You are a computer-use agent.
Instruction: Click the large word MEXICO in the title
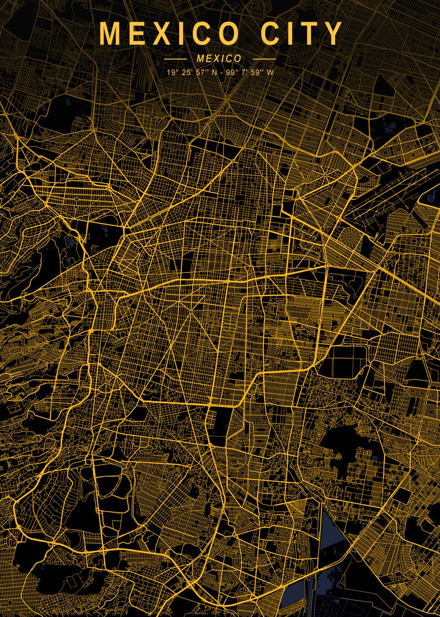[169, 34]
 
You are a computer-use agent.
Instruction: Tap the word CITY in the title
[301, 34]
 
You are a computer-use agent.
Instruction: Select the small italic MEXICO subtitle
[219, 59]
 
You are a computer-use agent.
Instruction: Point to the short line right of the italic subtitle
[264, 59]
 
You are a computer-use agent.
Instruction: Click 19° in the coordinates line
[171, 72]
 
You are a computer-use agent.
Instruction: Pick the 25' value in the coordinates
[187, 72]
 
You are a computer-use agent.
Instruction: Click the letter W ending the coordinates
[271, 72]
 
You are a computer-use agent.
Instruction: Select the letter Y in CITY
[333, 34]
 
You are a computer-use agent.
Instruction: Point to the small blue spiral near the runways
[428, 197]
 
